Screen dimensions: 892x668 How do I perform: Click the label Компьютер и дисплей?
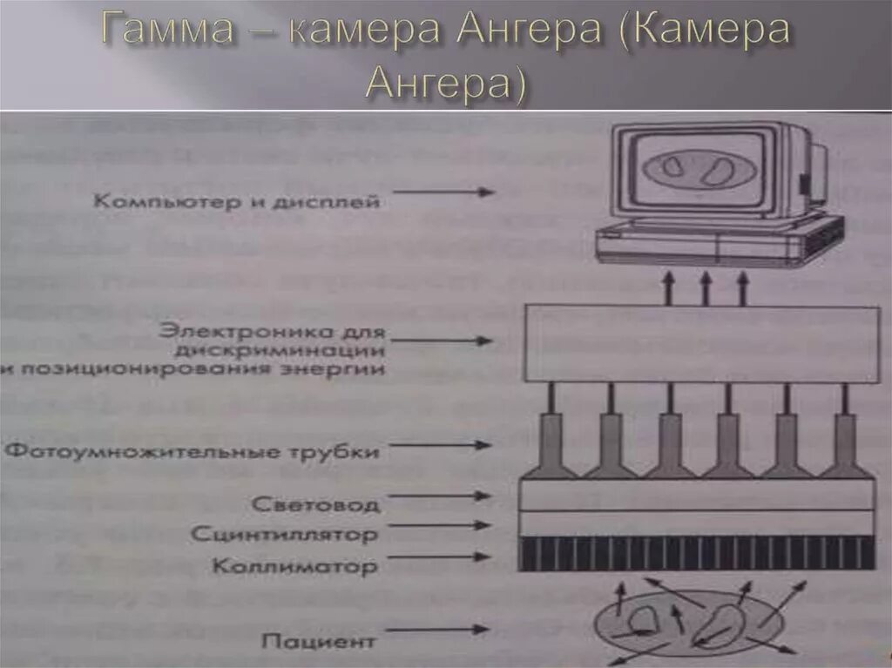[238, 202]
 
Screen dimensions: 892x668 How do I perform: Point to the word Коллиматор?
[294, 567]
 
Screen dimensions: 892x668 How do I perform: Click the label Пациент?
[319, 642]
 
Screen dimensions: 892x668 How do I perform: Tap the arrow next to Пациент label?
[436, 629]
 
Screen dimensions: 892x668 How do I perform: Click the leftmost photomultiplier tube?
[551, 444]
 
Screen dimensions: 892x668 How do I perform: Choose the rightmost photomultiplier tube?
[844, 444]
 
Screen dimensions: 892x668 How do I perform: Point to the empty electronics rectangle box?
[702, 344]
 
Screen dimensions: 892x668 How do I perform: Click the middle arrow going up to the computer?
[705, 287]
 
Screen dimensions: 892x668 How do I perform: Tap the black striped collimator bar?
[697, 553]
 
